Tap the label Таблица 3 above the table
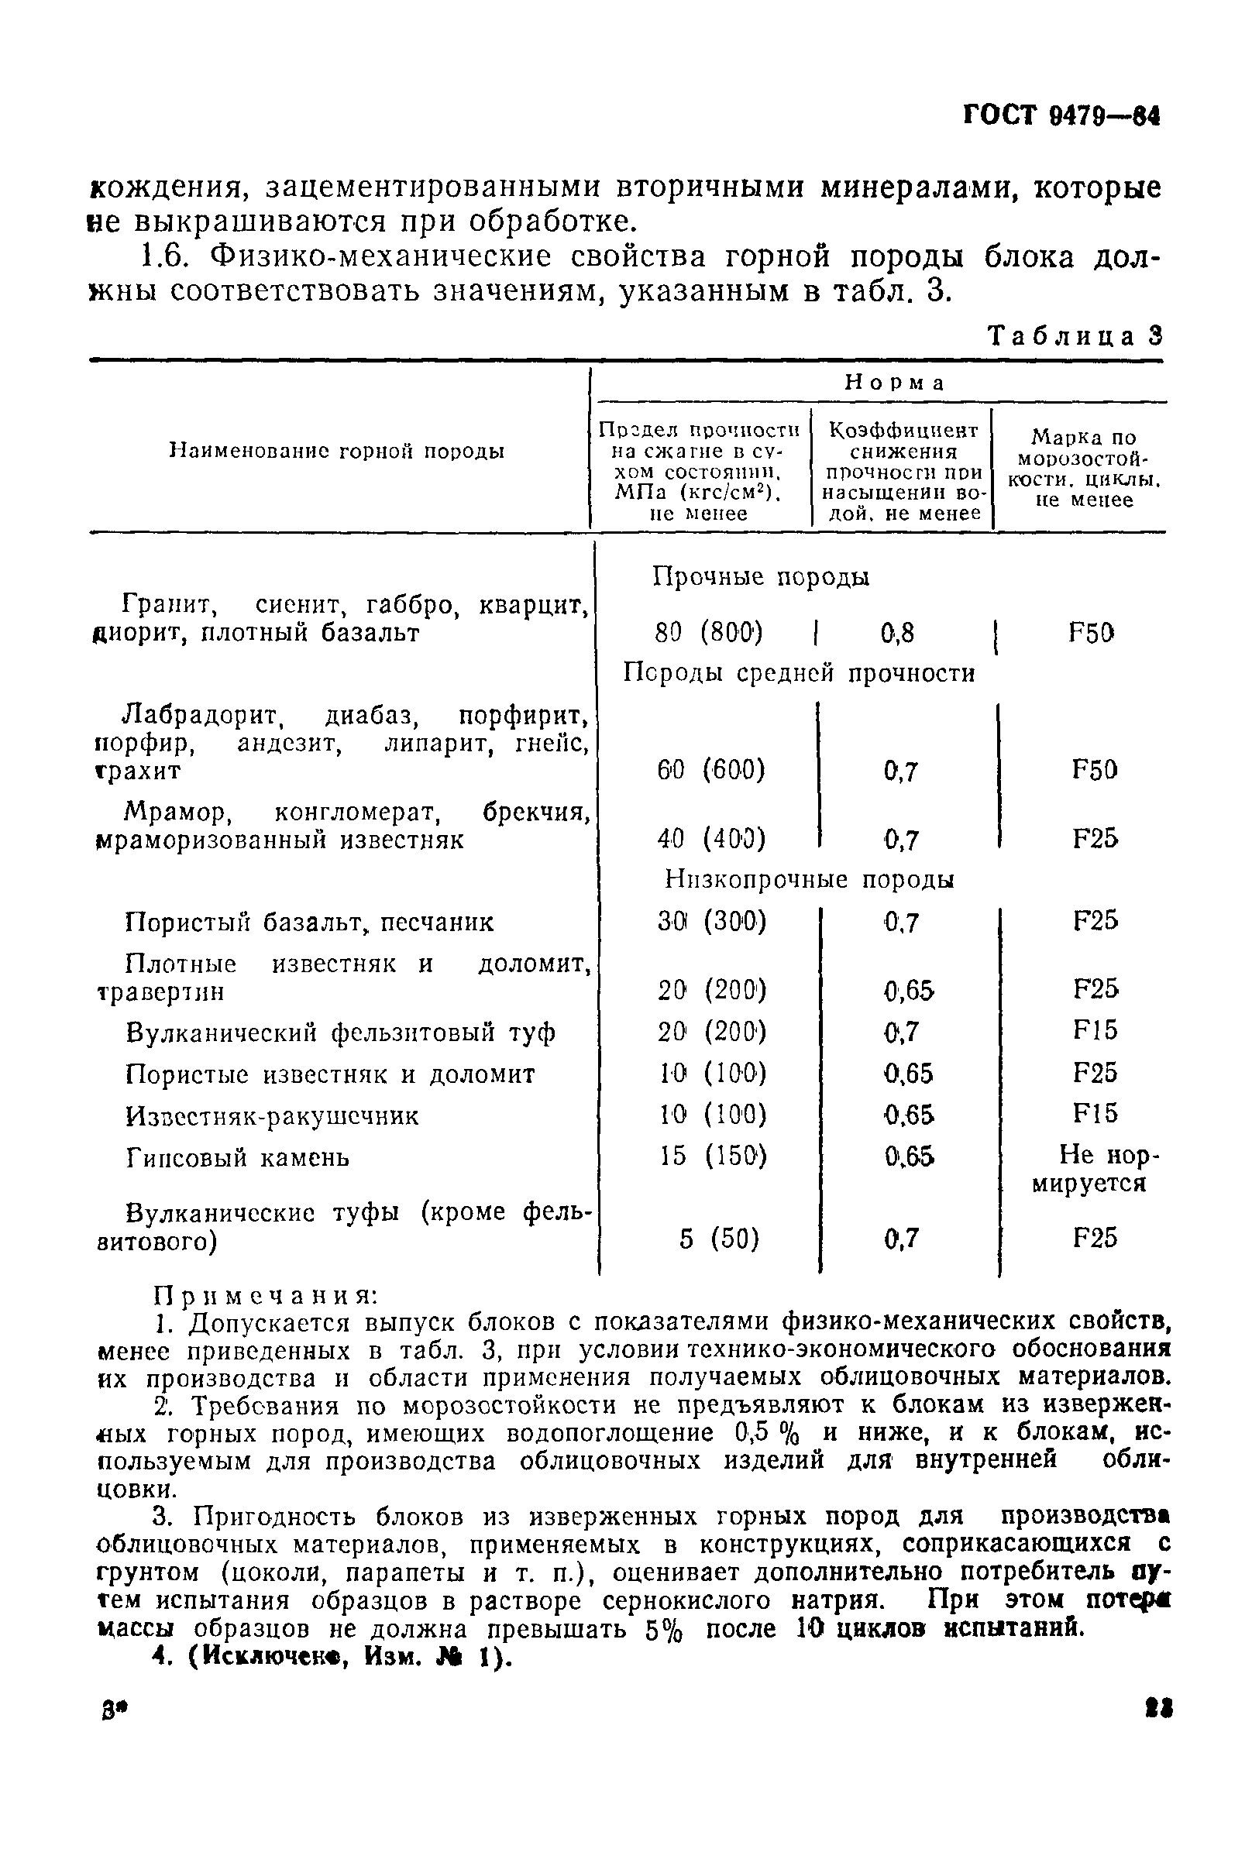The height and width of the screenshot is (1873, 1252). [1075, 336]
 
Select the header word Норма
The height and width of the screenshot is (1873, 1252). [894, 383]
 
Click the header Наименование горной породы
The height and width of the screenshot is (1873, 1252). [338, 452]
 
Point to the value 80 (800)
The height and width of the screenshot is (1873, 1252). [708, 633]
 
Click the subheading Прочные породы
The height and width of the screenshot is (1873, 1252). [761, 576]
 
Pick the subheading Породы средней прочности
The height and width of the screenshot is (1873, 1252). [799, 673]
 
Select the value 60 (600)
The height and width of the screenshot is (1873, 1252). [710, 771]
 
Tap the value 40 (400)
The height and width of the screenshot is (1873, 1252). [710, 839]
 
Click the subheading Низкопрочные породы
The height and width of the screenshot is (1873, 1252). [810, 880]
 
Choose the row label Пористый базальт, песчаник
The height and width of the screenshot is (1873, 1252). [310, 923]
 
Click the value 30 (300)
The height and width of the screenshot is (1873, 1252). [711, 922]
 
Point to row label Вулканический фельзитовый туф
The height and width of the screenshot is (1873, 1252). [341, 1033]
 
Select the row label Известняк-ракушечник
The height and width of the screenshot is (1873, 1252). [272, 1116]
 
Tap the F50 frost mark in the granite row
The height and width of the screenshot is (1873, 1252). [1091, 633]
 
